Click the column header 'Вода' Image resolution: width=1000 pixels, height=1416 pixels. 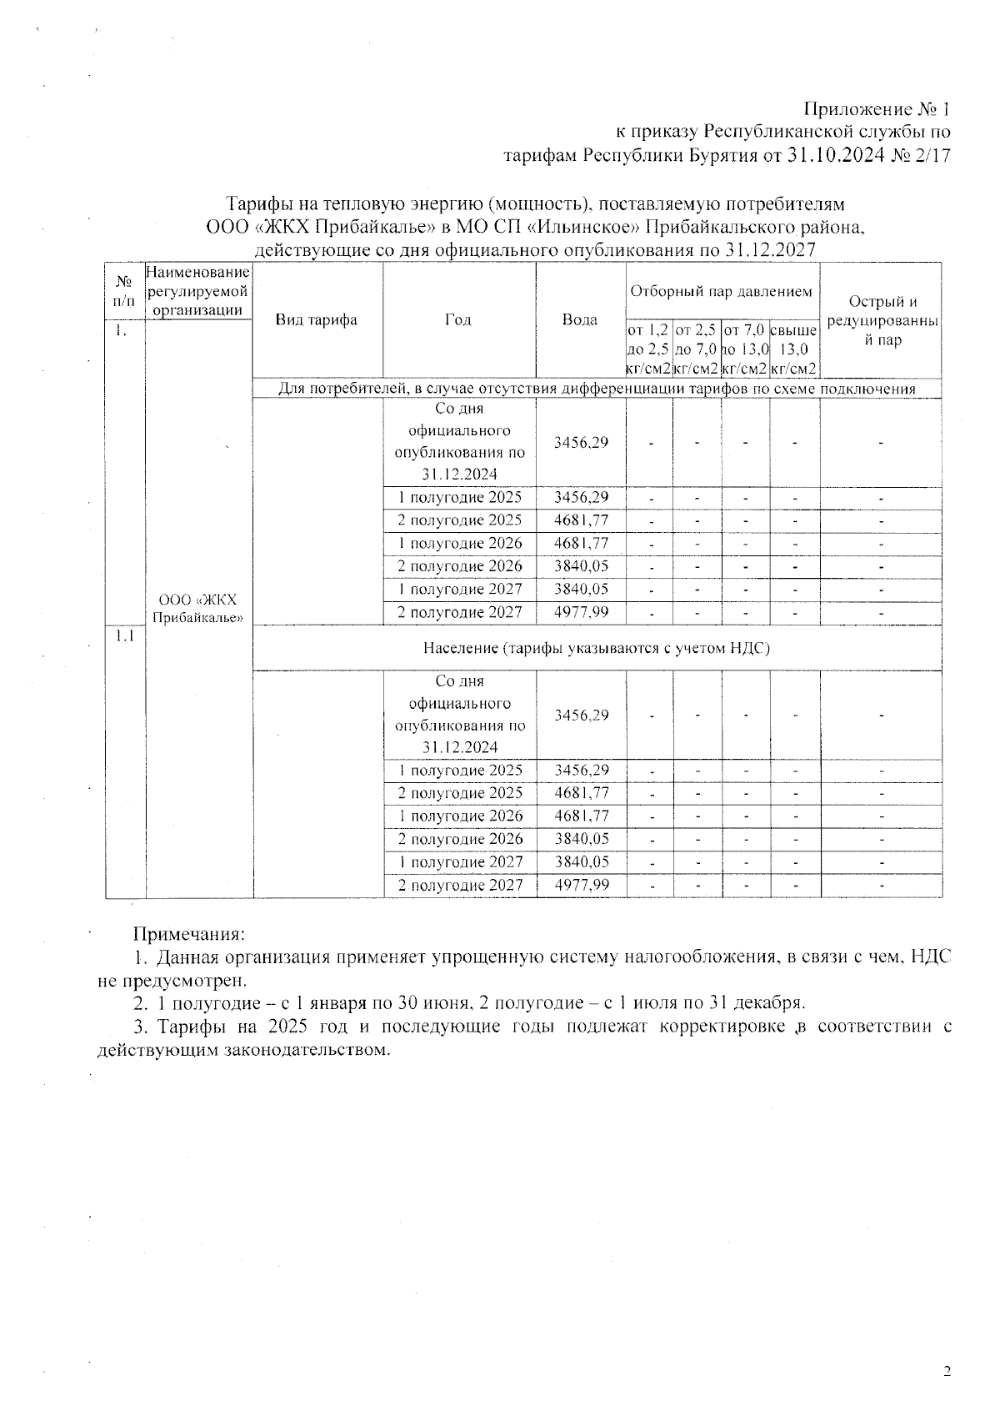click(x=580, y=319)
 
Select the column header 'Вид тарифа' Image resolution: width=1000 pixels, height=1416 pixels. click(x=317, y=319)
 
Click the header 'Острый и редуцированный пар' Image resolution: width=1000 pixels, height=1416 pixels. click(x=882, y=321)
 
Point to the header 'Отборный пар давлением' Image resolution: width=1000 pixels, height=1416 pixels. click(x=722, y=291)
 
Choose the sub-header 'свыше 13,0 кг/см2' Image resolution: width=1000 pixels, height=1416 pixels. click(x=794, y=349)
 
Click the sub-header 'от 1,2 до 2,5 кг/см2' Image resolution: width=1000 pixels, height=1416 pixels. click(x=648, y=349)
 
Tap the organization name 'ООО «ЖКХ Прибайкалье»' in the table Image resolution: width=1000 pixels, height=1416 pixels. click(x=198, y=609)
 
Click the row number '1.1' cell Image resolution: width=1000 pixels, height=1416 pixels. click(x=125, y=635)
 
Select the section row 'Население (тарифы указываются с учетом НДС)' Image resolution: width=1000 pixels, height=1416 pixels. click(x=596, y=648)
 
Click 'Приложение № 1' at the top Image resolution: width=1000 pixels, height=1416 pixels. click(x=877, y=109)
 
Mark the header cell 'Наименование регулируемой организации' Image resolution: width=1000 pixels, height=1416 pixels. click(x=198, y=291)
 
